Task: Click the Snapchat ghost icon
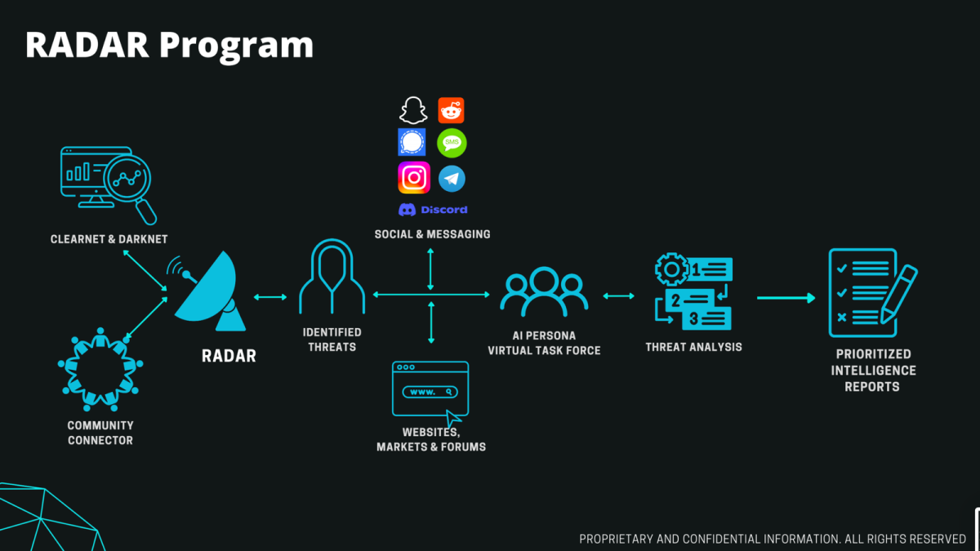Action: (x=413, y=110)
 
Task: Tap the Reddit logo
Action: (x=452, y=110)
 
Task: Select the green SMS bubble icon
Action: (x=452, y=144)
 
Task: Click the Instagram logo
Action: (x=414, y=178)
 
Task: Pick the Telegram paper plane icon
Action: (x=452, y=178)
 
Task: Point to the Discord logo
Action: (x=433, y=210)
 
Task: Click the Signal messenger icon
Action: (x=412, y=143)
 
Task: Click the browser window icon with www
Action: (x=430, y=391)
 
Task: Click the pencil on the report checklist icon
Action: (x=898, y=291)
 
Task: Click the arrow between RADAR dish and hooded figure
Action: (x=270, y=297)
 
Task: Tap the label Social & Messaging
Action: (x=433, y=234)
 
